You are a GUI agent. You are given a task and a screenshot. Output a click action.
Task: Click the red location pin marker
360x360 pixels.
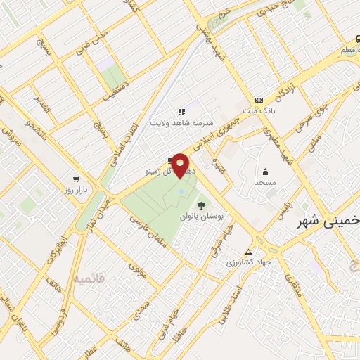point(181,165)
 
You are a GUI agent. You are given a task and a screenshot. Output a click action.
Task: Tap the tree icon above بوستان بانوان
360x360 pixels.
point(202,205)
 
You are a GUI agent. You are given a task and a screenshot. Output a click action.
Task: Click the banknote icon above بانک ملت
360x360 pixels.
point(259,100)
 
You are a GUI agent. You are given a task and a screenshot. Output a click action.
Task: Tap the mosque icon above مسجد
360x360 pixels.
point(266,171)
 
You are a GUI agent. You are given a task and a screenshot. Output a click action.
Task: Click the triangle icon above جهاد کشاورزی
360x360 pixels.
point(247,252)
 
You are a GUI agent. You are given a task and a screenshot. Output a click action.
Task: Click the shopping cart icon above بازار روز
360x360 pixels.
point(75,179)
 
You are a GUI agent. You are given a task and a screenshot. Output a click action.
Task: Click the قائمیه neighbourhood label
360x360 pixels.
point(88,279)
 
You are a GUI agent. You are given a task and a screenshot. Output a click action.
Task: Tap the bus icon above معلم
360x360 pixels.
point(357,39)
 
